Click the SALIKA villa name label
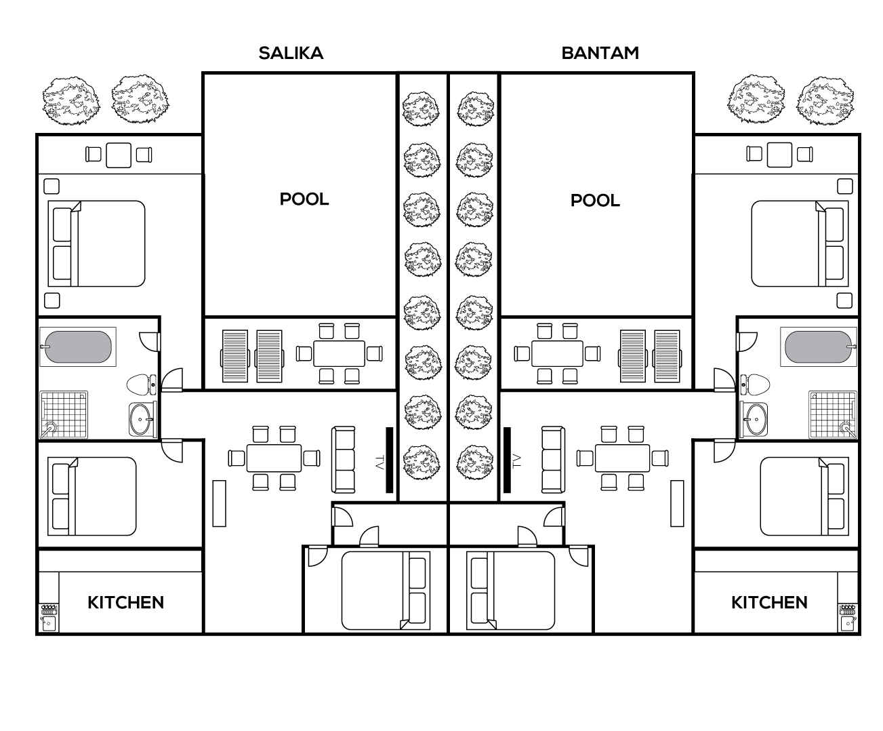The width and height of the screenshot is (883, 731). tap(291, 54)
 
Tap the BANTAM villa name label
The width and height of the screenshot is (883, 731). tap(600, 54)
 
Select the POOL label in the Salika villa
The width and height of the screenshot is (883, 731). tap(304, 199)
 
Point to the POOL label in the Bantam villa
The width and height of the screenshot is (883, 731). tap(595, 200)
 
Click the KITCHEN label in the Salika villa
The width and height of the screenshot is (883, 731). tap(125, 602)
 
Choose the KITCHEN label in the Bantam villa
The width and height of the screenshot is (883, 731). tap(769, 602)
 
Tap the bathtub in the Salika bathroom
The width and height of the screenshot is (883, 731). tap(78, 347)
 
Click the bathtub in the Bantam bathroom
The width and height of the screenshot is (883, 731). tap(819, 347)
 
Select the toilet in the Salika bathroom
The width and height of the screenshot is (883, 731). tap(141, 384)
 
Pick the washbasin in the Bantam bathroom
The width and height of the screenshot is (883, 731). tap(754, 420)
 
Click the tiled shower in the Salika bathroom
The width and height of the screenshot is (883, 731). tap(64, 414)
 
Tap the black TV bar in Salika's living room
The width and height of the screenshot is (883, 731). tap(390, 460)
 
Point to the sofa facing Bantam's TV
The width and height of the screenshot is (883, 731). tap(553, 460)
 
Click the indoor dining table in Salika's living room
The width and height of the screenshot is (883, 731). tap(274, 458)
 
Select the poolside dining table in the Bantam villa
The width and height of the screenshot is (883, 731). tap(557, 353)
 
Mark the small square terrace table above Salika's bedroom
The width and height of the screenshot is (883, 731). tap(119, 155)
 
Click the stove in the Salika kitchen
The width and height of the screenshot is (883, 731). tap(49, 610)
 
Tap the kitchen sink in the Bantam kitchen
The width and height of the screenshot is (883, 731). tap(848, 623)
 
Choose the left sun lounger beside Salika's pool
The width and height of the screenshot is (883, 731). tap(234, 357)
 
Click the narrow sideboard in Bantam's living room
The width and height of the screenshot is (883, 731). tap(677, 503)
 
